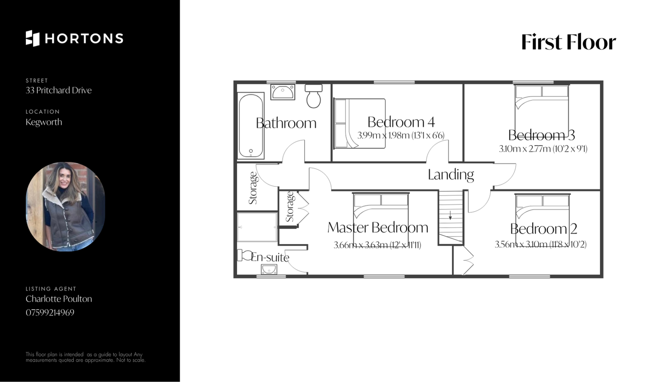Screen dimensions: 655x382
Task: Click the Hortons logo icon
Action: (33, 38)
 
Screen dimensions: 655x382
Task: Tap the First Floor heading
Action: (569, 42)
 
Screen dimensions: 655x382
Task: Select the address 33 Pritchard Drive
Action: (59, 90)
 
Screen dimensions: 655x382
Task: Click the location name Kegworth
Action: (44, 122)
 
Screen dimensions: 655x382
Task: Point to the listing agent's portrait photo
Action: (65, 207)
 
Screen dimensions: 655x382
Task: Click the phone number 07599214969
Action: (50, 312)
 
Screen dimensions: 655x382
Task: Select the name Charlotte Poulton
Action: (59, 299)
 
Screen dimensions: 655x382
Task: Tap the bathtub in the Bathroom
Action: (251, 125)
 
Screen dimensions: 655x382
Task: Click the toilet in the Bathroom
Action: (314, 96)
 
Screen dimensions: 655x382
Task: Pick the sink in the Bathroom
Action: (283, 92)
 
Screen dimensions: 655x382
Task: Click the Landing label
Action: (451, 175)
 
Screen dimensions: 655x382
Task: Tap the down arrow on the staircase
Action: (450, 215)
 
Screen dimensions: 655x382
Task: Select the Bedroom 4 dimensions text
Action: (401, 136)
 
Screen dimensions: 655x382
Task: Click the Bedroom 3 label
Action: (542, 135)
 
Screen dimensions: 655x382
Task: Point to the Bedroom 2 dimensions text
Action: (541, 244)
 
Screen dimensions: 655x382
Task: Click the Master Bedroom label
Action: (378, 227)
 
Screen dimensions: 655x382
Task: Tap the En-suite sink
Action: (269, 270)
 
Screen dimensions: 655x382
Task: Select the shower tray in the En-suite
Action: (257, 227)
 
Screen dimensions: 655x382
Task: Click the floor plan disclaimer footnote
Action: (86, 357)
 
